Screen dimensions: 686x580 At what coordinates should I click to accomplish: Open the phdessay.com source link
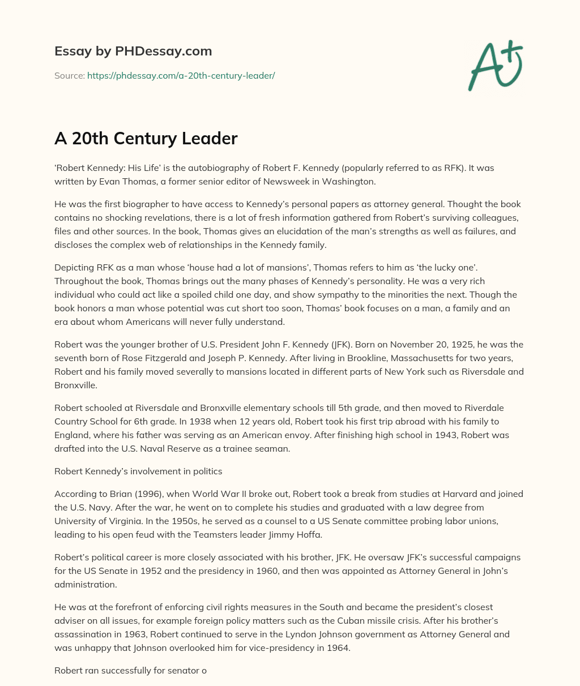click(x=181, y=75)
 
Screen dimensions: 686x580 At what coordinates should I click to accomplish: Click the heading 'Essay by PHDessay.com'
click(x=133, y=51)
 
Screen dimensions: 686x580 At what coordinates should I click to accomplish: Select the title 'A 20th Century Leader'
click(x=146, y=139)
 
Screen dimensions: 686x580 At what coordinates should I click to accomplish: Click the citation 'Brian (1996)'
click(x=121, y=494)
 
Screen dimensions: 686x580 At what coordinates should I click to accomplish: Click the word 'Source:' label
click(x=69, y=75)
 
